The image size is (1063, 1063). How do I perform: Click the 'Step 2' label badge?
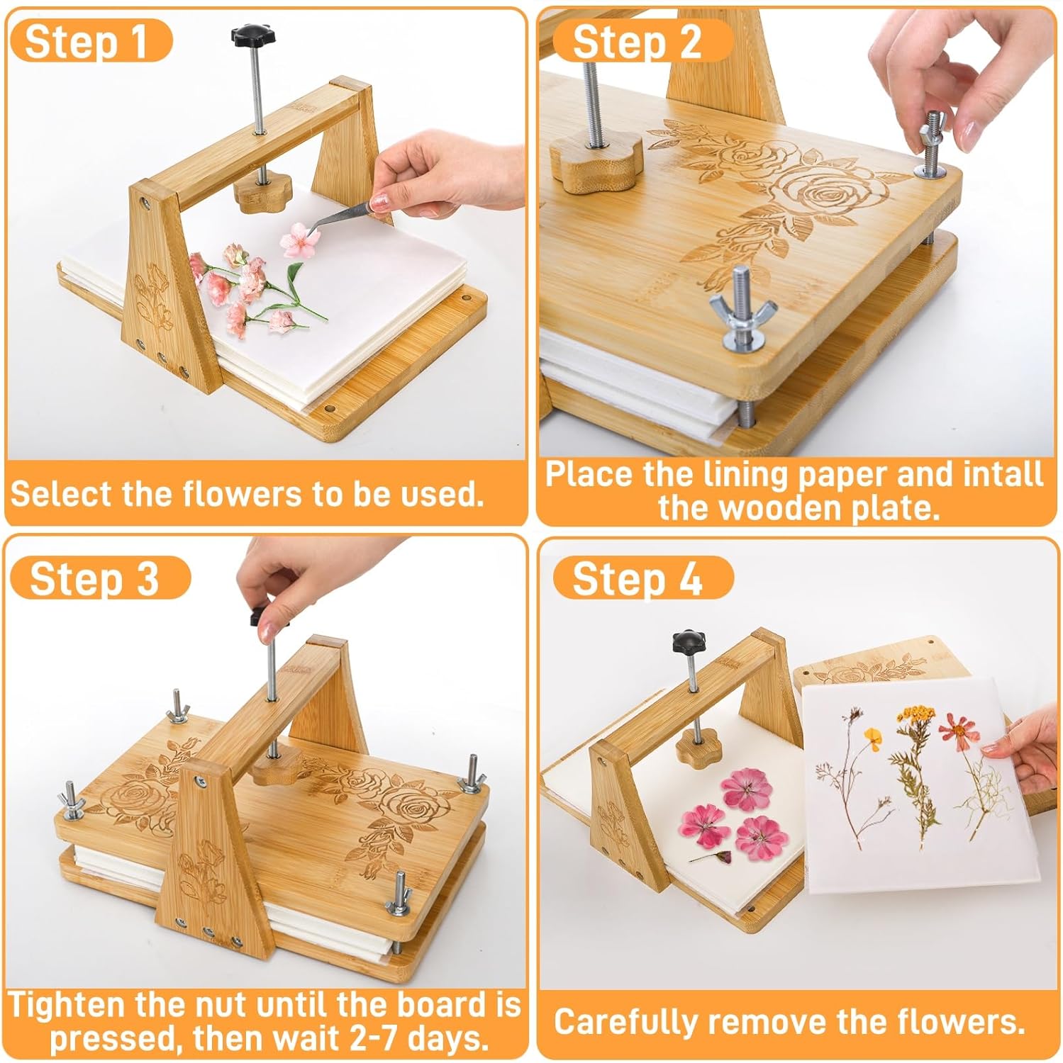[x=638, y=42]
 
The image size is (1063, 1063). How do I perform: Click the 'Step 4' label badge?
[x=638, y=578]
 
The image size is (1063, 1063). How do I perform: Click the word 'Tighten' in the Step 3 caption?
[x=67, y=1006]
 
